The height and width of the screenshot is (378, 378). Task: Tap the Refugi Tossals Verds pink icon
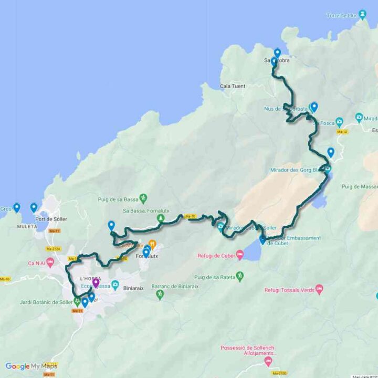tap(319, 289)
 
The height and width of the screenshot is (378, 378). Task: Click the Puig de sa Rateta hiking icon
tap(240, 275)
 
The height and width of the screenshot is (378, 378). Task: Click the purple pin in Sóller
tap(96, 283)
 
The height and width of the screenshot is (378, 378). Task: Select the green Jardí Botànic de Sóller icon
tap(77, 301)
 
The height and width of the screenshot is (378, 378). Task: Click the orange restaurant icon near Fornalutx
tap(152, 244)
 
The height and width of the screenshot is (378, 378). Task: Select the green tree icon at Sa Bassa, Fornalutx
tap(161, 218)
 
